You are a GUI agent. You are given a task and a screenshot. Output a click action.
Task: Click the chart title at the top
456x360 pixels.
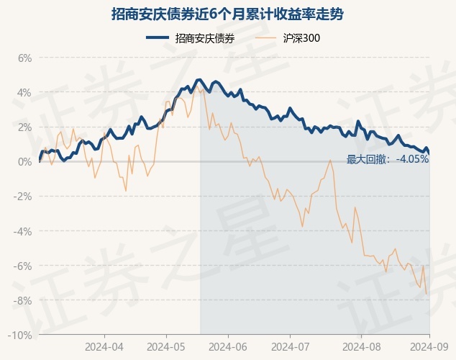point(227,14)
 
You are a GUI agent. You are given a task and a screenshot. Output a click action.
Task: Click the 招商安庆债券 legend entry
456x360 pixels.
point(190,38)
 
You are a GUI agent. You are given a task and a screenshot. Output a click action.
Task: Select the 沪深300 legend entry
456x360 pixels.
point(287,38)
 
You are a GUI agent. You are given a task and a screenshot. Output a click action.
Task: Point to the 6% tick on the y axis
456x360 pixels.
point(24,58)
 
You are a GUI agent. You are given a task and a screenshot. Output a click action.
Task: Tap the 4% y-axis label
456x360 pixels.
point(24,93)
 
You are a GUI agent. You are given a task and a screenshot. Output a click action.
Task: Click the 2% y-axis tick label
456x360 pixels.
point(24,127)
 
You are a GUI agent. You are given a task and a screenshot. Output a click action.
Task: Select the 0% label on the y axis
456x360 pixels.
point(24,161)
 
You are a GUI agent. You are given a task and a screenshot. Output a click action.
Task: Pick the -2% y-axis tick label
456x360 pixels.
point(22,197)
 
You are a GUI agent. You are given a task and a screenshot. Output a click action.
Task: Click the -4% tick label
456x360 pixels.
point(22,231)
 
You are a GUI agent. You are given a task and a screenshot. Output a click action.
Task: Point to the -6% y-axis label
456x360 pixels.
point(22,266)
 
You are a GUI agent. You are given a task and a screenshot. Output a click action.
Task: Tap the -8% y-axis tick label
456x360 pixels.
point(22,300)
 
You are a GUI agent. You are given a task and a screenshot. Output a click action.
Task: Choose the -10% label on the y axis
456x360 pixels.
point(19,335)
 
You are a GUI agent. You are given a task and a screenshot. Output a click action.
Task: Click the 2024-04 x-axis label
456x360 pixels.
point(104,347)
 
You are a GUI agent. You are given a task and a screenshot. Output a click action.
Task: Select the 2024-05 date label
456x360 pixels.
point(166,347)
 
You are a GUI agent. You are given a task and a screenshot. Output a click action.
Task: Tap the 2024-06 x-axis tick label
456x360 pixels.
point(228,347)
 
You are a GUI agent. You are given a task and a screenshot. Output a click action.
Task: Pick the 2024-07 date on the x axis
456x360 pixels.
point(291,347)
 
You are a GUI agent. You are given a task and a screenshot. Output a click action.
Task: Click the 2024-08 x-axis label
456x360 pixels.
point(362,347)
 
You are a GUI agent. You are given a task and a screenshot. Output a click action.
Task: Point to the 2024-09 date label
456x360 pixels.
point(429,347)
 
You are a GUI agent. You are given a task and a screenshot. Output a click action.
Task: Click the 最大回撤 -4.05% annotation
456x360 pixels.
point(388,159)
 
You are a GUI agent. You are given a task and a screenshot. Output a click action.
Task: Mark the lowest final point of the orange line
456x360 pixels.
point(427,294)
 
